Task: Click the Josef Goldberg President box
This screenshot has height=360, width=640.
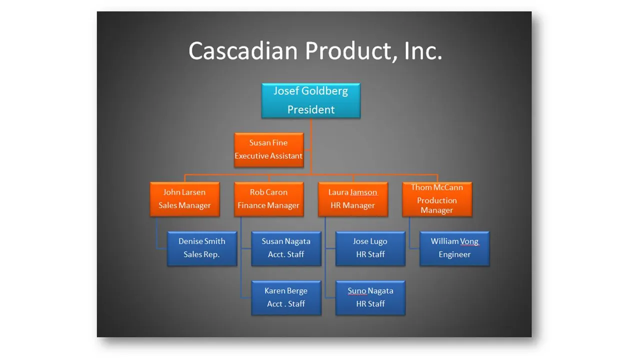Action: (310, 100)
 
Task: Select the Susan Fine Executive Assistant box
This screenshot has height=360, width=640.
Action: (268, 149)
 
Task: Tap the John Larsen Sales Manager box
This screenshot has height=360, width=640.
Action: (184, 199)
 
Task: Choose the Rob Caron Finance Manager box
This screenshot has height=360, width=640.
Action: (268, 199)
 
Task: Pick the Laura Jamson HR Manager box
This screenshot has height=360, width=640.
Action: (352, 199)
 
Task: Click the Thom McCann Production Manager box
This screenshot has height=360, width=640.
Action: (436, 199)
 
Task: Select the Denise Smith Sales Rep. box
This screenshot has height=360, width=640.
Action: (201, 248)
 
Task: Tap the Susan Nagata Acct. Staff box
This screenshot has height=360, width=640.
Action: (286, 248)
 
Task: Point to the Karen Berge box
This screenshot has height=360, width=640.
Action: (286, 297)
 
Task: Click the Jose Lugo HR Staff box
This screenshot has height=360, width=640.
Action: (370, 248)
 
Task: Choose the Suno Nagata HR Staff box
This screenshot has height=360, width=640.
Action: (370, 297)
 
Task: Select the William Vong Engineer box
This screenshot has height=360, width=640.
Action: (454, 248)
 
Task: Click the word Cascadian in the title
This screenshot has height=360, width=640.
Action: (242, 51)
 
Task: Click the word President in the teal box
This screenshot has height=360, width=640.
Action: (311, 109)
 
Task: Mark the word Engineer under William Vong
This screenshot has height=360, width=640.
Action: (454, 254)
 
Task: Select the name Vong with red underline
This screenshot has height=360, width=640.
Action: (469, 241)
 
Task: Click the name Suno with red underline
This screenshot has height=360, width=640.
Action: (357, 291)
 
